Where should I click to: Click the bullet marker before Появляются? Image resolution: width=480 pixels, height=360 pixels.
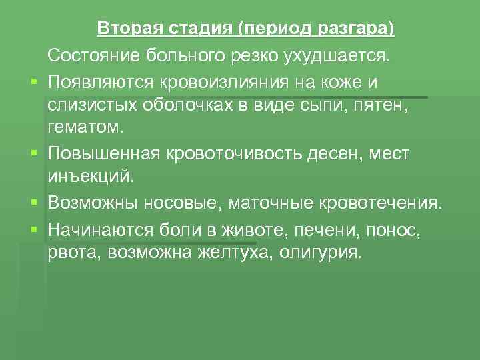[32, 82]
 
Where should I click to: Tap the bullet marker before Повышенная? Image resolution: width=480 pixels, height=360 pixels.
[32, 154]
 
